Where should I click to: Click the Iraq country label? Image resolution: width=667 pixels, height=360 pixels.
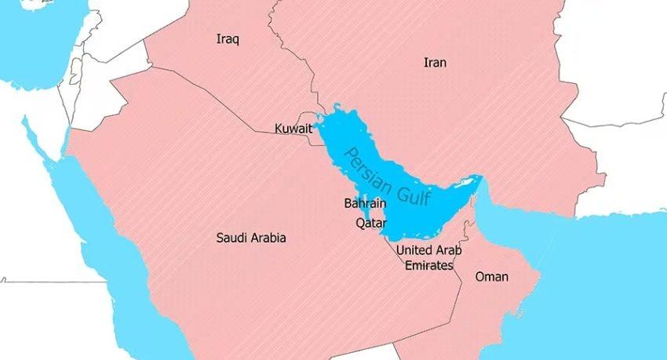coord(228,38)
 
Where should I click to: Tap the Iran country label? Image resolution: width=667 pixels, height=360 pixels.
coord(435,62)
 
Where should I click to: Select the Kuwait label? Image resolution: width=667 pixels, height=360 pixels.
coord(293,129)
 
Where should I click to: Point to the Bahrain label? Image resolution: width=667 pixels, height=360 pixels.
coord(365,204)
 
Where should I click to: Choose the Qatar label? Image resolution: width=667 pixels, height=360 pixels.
coord(370,223)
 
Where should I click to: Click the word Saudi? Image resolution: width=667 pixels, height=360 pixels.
coord(232,238)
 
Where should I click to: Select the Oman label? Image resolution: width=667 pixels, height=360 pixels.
coord(491,277)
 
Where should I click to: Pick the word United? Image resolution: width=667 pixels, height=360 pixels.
coord(416,250)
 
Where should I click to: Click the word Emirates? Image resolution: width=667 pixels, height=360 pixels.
coord(428,266)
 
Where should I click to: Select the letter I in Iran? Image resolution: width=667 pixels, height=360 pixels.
coord(425,62)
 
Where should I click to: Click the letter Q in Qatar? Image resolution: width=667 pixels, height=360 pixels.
coord(360,223)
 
